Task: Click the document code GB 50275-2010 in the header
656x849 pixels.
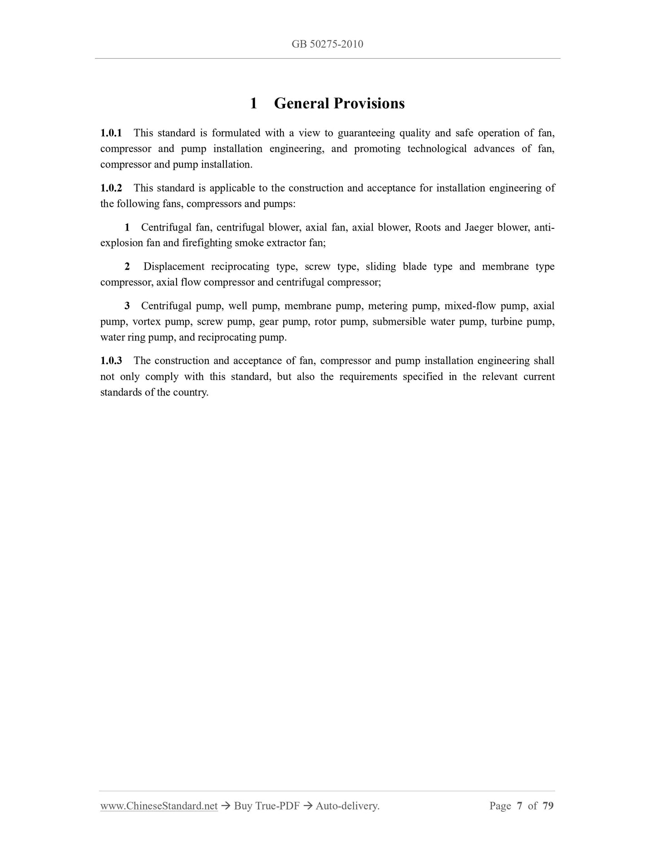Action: click(327, 44)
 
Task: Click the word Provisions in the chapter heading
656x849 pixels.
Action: click(369, 104)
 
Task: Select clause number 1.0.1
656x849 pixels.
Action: click(111, 133)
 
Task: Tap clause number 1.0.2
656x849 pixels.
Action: click(111, 188)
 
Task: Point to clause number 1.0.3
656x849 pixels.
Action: click(111, 361)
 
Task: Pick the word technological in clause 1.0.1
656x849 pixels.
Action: click(437, 149)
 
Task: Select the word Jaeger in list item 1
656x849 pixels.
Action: click(478, 227)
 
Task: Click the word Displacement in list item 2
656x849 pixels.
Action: click(174, 267)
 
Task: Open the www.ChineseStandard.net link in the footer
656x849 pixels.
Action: click(159, 806)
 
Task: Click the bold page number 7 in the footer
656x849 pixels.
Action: click(520, 806)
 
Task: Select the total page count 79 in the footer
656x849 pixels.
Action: click(548, 806)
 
